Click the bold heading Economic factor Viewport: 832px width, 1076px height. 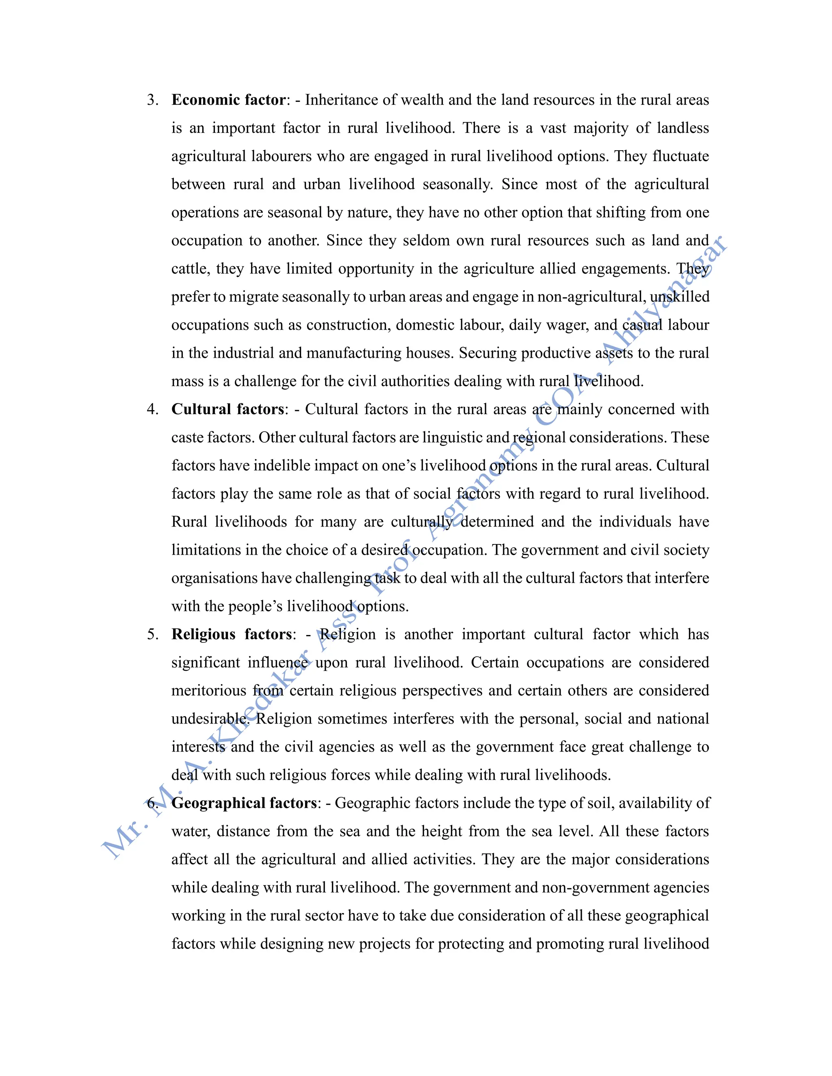coord(228,100)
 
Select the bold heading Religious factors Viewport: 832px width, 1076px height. coord(232,635)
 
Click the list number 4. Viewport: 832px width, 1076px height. coord(152,409)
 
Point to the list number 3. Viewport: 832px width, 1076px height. coord(152,100)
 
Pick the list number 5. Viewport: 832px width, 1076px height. coord(152,635)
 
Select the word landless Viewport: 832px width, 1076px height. coord(682,128)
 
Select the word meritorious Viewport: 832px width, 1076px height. coord(208,691)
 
